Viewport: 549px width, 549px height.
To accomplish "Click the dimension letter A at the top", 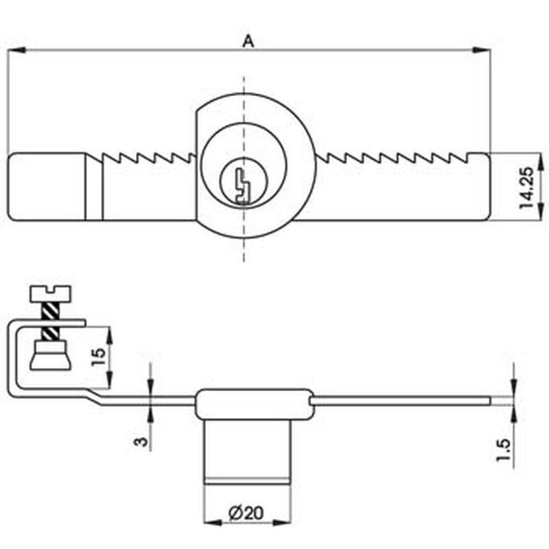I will [x=248, y=42].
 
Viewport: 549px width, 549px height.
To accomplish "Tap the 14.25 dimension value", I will [x=526, y=186].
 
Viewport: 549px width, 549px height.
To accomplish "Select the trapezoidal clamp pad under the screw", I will [x=51, y=358].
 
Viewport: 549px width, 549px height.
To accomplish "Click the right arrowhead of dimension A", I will [x=486, y=49].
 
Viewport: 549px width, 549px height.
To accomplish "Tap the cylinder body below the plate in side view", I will [x=248, y=449].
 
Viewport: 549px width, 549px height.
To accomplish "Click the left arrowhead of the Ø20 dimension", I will [x=210, y=523].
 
